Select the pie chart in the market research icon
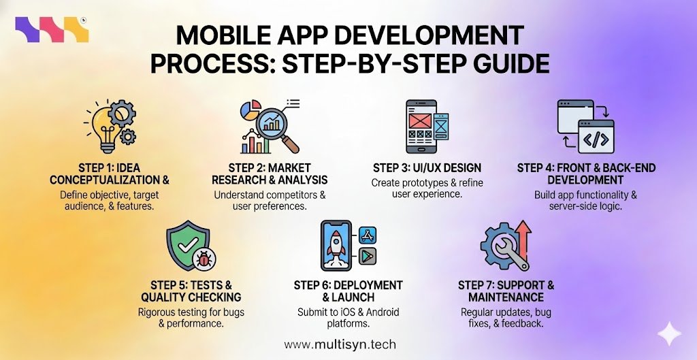253,110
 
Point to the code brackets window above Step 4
596,140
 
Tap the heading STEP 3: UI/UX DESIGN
427,167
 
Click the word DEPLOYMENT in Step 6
368,285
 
